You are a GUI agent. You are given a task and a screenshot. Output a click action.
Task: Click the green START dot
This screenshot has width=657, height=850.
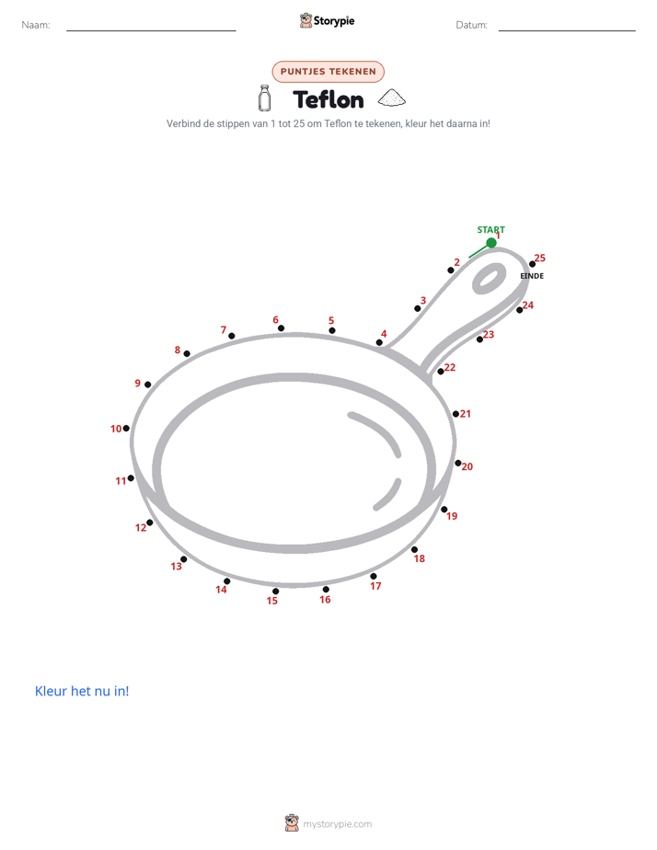click(x=491, y=242)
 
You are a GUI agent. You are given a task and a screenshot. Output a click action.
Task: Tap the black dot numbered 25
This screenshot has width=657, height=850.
click(x=533, y=264)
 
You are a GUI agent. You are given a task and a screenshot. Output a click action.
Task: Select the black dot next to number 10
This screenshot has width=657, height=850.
click(x=126, y=429)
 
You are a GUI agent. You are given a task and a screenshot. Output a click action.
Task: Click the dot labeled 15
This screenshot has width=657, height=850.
click(x=276, y=592)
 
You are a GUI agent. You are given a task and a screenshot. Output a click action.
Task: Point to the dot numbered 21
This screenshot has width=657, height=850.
click(x=455, y=414)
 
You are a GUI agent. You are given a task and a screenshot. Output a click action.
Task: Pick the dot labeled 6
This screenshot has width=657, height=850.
click(x=281, y=328)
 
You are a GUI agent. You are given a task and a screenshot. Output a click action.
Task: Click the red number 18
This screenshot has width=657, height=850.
click(x=420, y=558)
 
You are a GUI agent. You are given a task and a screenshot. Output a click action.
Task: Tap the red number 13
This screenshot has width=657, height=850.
click(x=176, y=567)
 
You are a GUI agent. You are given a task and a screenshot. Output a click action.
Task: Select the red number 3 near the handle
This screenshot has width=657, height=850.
click(x=423, y=300)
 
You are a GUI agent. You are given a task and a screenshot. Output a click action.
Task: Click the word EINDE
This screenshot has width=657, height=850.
click(x=532, y=276)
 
